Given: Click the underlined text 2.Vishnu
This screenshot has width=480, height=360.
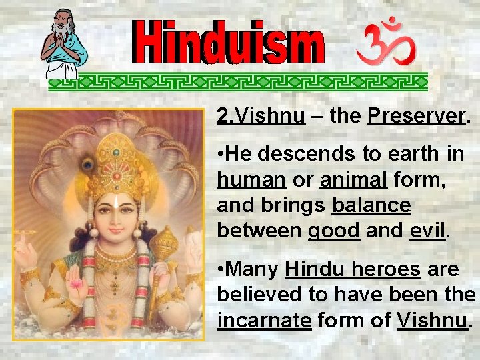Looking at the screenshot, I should click(x=261, y=117).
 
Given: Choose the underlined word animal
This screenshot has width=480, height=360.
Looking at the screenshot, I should click(x=350, y=179).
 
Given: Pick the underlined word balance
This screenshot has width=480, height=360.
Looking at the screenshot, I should click(x=371, y=205).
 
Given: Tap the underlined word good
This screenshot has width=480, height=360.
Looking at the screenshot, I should click(x=334, y=230).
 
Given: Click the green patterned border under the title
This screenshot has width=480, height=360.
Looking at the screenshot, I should click(x=237, y=81).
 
